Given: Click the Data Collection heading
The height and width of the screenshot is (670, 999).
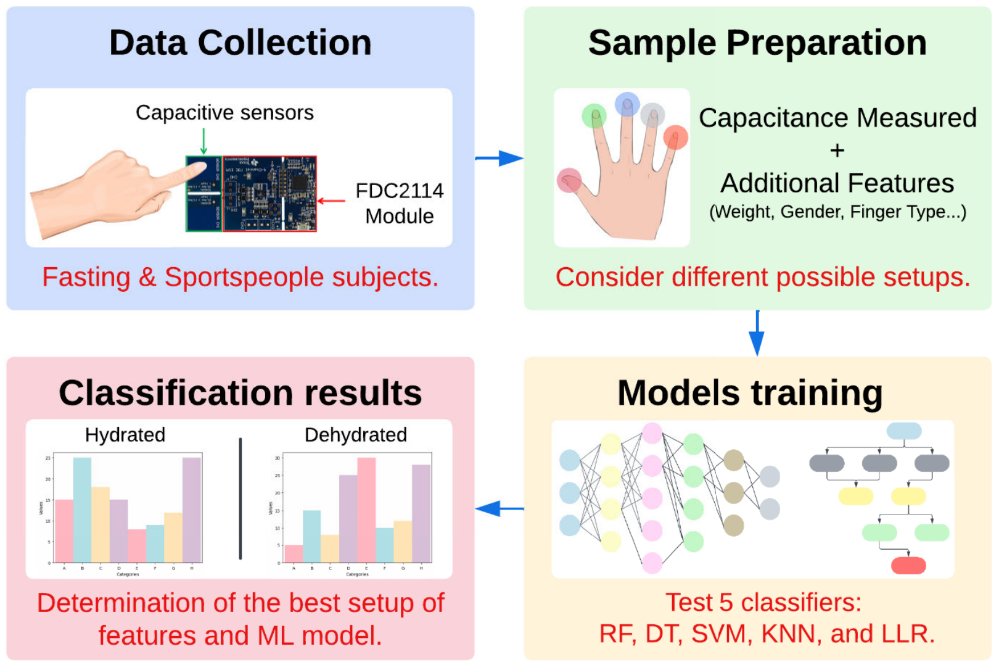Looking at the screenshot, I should pos(240,43).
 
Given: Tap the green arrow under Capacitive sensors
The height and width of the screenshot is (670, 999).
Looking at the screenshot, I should pos(203,141).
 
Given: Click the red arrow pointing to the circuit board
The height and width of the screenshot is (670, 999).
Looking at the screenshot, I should pos(331,201).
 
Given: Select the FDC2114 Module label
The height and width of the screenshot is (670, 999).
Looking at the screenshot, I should pos(399,204).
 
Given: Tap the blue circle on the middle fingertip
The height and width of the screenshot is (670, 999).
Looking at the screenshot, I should pos(627,104).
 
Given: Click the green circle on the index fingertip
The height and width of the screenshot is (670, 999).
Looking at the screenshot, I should pos(594,115).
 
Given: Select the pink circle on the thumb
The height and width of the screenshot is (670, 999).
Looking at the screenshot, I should pos(569,180).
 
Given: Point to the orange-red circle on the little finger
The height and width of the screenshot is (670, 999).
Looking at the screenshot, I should pos(675,137).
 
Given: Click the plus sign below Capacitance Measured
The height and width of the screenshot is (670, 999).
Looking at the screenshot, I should pos(837,151).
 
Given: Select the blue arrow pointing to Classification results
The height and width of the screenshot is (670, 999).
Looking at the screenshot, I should pos(499,509).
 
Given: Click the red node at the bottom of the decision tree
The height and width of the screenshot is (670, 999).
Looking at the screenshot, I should pos(908,565).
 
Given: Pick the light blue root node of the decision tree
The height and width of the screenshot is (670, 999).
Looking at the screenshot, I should pos(904,431).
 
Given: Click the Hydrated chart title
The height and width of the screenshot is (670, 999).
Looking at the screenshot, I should pos(125,435).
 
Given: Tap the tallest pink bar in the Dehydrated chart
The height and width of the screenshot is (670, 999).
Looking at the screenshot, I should pos(366,510).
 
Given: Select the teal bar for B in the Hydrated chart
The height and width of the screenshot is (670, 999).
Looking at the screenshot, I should pos(82,510).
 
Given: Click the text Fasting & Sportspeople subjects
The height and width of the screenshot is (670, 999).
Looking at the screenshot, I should pos(240,277).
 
